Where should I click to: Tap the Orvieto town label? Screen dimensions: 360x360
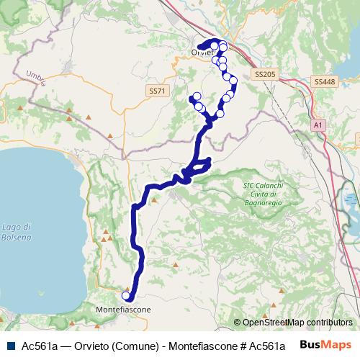[201, 52]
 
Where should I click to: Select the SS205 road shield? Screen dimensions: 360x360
[265, 74]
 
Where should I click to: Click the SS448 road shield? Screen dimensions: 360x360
[325, 82]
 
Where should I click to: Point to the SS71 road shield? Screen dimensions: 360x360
[157, 91]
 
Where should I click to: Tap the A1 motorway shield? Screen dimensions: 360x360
[318, 125]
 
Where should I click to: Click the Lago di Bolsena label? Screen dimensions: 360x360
[17, 232]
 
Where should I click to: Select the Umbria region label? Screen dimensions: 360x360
[35, 78]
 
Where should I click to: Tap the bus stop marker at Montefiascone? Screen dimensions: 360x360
[126, 295]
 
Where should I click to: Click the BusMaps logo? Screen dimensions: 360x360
[327, 345]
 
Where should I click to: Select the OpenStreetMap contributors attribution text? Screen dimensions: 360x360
[297, 323]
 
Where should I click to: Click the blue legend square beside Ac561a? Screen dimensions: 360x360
[10, 346]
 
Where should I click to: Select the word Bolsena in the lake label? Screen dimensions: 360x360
[17, 237]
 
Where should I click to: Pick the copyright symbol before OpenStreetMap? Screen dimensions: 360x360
[238, 323]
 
